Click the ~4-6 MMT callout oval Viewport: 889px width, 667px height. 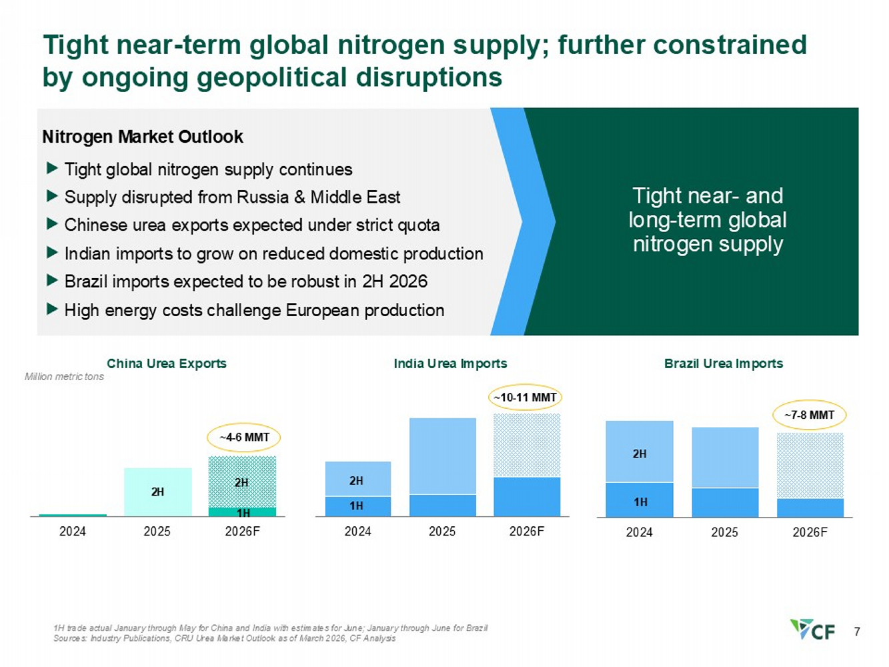point(243,438)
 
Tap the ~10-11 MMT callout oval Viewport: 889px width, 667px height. point(525,398)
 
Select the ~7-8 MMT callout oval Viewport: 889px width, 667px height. point(809,415)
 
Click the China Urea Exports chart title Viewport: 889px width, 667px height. point(167,364)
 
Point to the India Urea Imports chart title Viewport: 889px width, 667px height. point(450,364)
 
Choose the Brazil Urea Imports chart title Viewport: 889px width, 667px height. point(724,364)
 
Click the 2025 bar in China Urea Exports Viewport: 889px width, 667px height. point(158,492)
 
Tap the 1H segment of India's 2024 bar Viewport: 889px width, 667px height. point(357,506)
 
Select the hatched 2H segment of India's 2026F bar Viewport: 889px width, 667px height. point(526,445)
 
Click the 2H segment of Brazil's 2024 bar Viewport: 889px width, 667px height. point(640,452)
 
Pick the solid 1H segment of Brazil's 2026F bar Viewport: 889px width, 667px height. point(810,508)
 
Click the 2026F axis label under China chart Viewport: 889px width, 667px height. point(242,531)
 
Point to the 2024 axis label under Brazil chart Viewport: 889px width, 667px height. point(639,532)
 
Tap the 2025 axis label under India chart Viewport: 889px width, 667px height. point(442,531)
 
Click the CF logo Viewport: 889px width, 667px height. point(812,629)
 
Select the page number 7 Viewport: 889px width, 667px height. point(856,632)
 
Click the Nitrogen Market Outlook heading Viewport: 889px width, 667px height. point(143,137)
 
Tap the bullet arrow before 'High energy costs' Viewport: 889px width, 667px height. point(52,309)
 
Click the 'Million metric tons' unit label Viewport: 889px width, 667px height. point(64,377)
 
